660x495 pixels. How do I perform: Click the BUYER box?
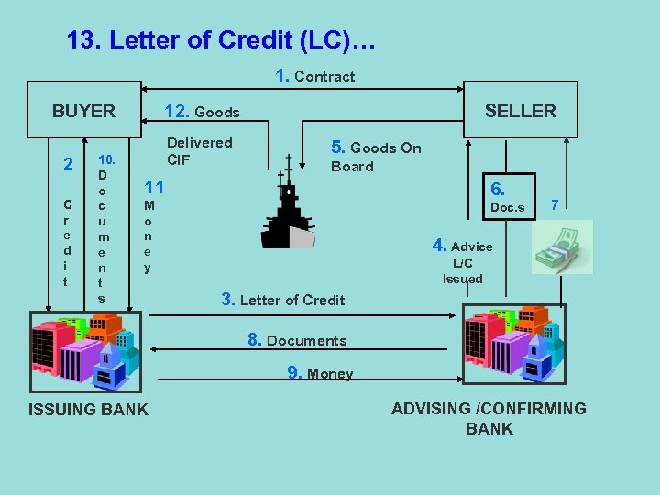coord(83,111)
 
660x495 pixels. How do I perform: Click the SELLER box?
coord(520,111)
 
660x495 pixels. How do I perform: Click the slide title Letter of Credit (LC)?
coord(221,41)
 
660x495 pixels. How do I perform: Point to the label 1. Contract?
coord(315,76)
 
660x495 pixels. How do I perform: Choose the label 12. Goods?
coord(202,112)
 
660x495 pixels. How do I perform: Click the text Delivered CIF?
coord(199,151)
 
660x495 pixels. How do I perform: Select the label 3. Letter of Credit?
coord(283,300)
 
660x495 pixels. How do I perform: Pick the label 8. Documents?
coord(297,340)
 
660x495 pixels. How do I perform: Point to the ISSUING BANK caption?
coord(88,410)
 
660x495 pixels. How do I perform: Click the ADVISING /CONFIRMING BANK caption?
coord(489,419)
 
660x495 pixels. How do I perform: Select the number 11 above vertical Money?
coord(154,188)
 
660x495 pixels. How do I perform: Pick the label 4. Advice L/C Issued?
coord(463,261)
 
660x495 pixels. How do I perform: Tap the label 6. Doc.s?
coord(506,197)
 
